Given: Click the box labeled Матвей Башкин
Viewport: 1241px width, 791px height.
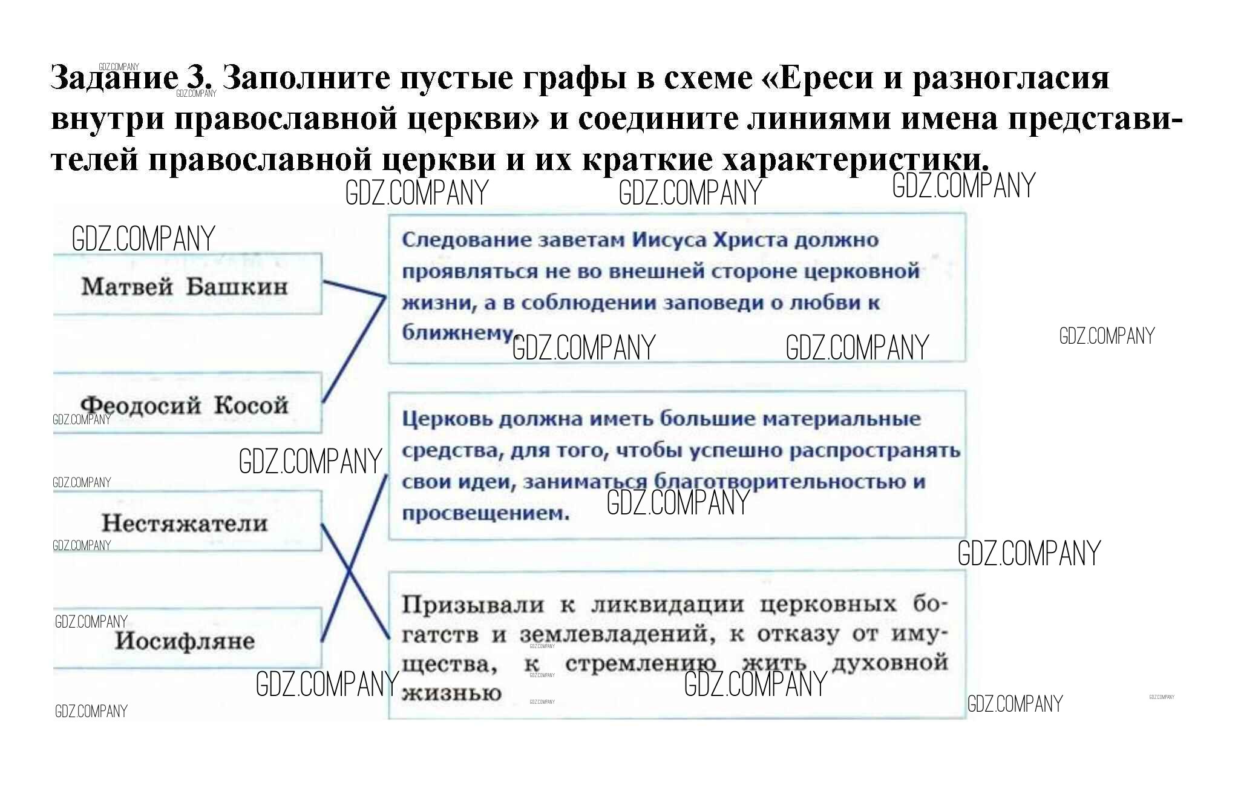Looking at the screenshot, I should pos(185,285).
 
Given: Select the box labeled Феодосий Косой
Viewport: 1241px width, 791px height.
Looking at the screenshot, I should pos(185,404).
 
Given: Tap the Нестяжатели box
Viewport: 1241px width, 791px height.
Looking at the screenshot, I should pos(185,522).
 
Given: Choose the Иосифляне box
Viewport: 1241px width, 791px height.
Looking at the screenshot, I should pos(185,640).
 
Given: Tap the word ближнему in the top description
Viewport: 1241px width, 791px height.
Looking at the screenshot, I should pos(457,332).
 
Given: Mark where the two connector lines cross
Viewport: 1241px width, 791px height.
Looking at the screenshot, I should pos(349,570).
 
